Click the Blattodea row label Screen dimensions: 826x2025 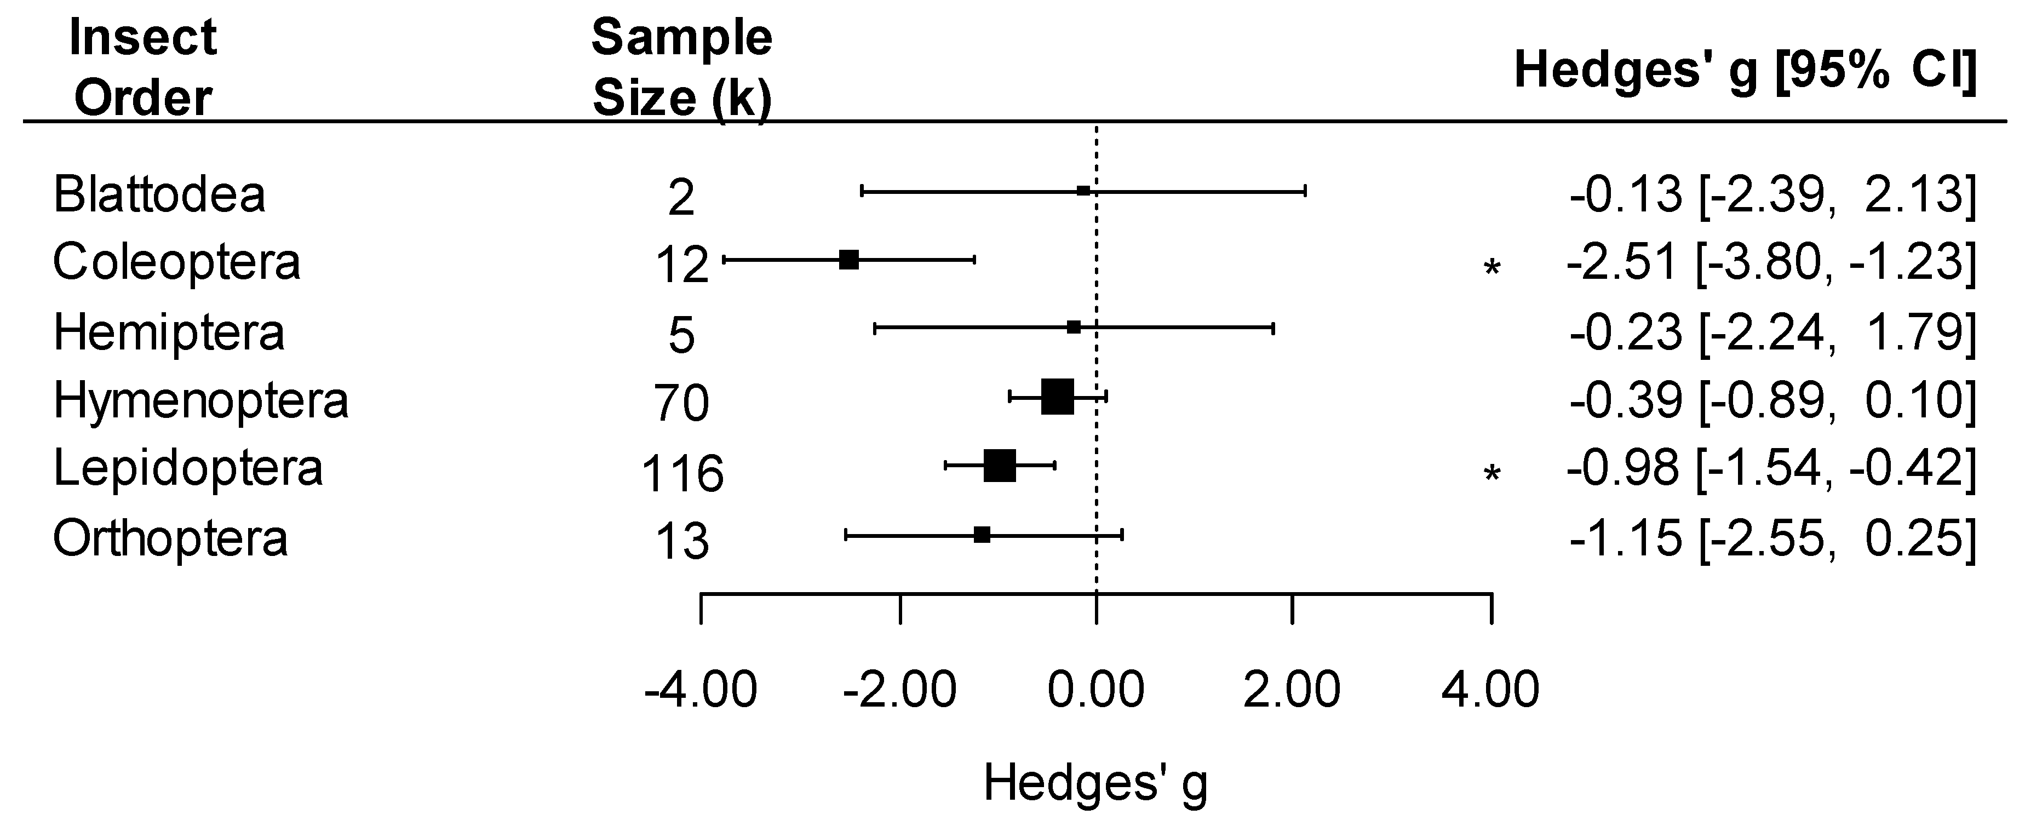pyautogui.click(x=159, y=194)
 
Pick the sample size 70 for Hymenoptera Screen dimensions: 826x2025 pyautogui.click(x=681, y=403)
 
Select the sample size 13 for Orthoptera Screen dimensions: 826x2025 pyautogui.click(x=681, y=542)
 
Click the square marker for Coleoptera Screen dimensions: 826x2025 pyautogui.click(x=849, y=260)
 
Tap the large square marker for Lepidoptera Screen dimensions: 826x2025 pyautogui.click(x=1000, y=466)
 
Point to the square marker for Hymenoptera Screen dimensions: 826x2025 pyautogui.click(x=1057, y=397)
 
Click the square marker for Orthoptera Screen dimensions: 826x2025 pyautogui.click(x=982, y=535)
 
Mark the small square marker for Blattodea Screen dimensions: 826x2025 pyautogui.click(x=1083, y=191)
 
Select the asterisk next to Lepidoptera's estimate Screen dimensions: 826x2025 pyautogui.click(x=1491, y=474)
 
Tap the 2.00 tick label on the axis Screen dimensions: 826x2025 pyautogui.click(x=1292, y=690)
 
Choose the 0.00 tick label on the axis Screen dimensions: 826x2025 pyautogui.click(x=1096, y=690)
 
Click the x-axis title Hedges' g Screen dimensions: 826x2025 pyautogui.click(x=1095, y=784)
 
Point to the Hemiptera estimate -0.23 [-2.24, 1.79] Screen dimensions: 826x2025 pyautogui.click(x=1772, y=331)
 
